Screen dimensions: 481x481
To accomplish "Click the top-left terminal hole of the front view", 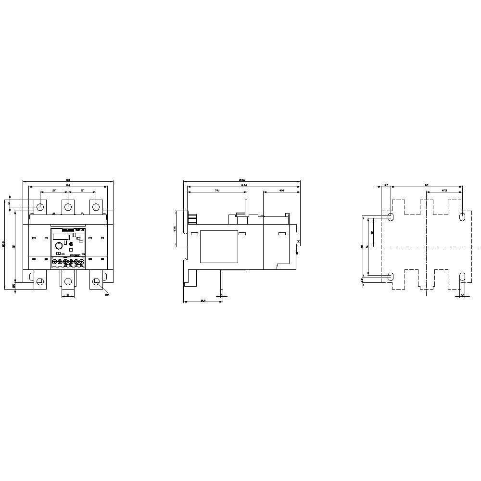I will [x=40, y=207].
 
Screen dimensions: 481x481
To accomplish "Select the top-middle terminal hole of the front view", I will [x=68, y=207].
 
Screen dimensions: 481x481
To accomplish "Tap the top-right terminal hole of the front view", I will [x=96, y=207].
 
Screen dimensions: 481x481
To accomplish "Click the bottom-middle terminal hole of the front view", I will [x=68, y=281].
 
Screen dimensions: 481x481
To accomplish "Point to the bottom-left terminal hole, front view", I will [x=40, y=281].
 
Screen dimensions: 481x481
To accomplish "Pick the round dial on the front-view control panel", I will [x=58, y=245].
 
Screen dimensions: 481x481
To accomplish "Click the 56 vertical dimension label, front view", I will [x=14, y=246].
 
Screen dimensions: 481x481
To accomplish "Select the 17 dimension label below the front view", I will [x=68, y=295].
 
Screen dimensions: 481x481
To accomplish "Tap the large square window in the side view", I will [x=219, y=247].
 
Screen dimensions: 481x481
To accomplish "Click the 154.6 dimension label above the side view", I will [x=242, y=180].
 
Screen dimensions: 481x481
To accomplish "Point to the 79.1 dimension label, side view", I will [x=216, y=191].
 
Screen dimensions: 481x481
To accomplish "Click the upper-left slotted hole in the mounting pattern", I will [x=390, y=217].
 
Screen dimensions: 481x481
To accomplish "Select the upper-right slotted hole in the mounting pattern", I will [x=463, y=217].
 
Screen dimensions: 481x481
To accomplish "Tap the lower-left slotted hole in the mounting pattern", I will [x=390, y=276].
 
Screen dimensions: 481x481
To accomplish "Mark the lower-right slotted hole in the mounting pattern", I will [x=463, y=276].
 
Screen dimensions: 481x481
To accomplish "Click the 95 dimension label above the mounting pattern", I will [x=426, y=184].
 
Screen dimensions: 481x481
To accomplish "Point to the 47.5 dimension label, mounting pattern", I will [x=444, y=191].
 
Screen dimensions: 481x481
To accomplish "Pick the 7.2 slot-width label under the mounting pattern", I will [x=462, y=295].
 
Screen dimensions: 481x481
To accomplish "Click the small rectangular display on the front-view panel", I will [x=59, y=235].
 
